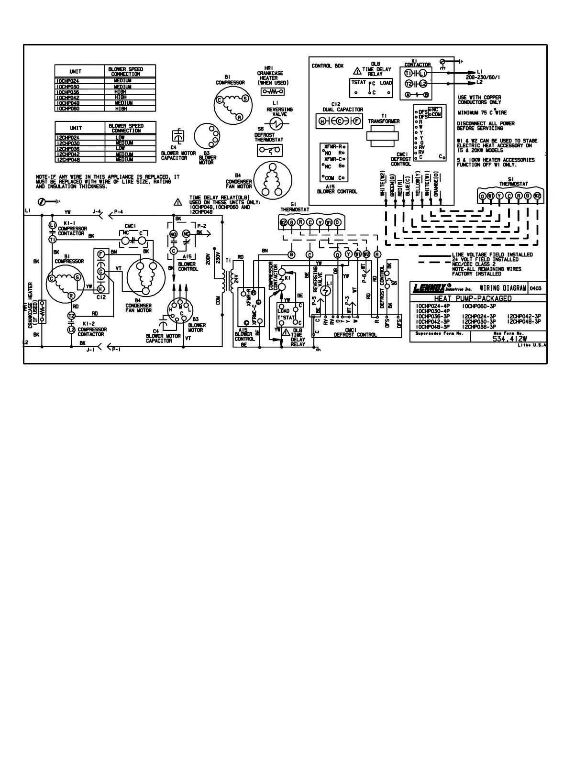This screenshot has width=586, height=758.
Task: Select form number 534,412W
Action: point(509,339)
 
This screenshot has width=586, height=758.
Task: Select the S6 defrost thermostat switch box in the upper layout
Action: point(268,150)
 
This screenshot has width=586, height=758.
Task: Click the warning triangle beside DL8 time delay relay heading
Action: point(357,71)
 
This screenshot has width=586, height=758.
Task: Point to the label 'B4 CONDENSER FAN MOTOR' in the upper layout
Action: point(239,184)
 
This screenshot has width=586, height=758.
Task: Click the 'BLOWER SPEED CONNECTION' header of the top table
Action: point(126,72)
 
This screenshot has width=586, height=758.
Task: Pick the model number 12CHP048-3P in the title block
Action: point(523,321)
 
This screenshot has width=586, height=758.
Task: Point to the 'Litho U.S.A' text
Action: point(531,345)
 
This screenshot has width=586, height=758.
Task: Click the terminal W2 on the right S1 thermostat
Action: point(537,196)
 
